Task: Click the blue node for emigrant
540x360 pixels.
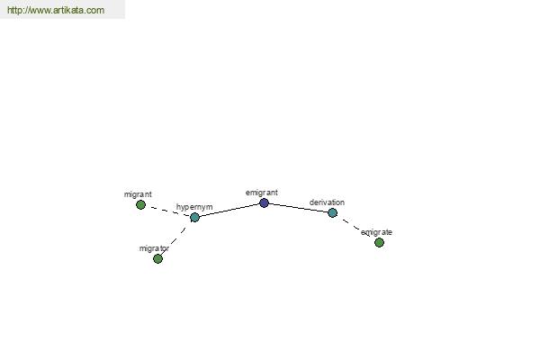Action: coord(264,202)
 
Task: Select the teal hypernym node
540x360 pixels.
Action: coord(194,218)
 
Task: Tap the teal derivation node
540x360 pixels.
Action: coord(332,213)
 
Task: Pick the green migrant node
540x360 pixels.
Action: coord(140,205)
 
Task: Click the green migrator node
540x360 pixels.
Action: coord(157,258)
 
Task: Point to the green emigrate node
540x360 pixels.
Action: coord(379,242)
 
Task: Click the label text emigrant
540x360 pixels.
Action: coord(261,193)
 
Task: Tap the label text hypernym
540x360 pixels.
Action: coord(194,207)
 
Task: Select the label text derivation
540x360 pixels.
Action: coord(327,202)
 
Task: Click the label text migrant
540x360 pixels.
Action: coord(138,194)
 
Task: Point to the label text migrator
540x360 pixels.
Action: coord(154,248)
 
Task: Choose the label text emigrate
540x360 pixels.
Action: coord(376,232)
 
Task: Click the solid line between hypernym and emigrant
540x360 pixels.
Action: coord(229,210)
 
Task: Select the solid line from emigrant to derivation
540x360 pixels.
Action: coord(298,208)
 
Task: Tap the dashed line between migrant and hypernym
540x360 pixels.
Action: coord(167,211)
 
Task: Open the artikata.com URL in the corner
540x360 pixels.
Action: coord(56,10)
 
